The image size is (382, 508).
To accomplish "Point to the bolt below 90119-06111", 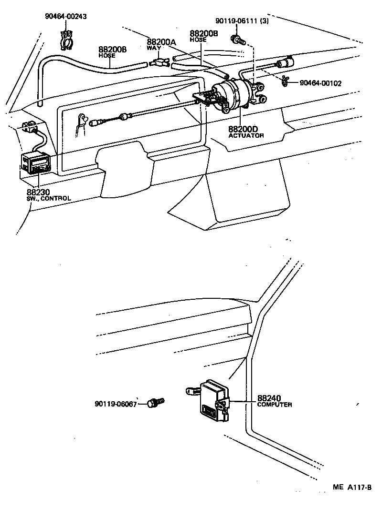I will [235, 40].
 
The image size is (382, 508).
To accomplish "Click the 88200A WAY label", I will [161, 44].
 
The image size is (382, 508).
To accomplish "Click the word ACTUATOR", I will [245, 136].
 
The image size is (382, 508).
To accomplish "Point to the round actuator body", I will [231, 95].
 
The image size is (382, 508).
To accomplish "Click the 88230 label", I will [38, 192].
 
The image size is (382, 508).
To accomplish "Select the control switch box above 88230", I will [36, 165].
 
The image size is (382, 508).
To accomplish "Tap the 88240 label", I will [270, 398].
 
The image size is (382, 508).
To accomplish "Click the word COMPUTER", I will [275, 405].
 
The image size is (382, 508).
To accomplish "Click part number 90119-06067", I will [116, 404].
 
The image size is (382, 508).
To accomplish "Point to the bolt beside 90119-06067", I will [155, 403].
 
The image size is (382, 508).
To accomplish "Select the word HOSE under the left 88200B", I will [107, 56].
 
